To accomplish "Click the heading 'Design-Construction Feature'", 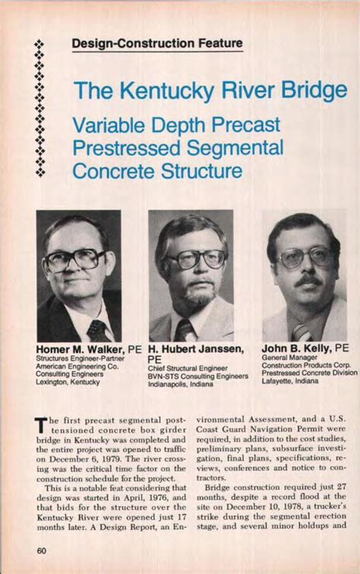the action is coord(157,44).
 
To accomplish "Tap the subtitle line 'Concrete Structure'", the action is coord(157,170).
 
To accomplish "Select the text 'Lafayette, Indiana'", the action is coord(291,381).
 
